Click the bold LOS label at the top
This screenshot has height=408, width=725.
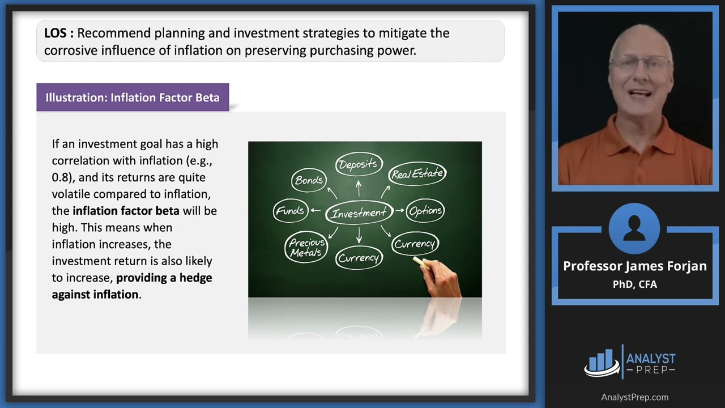[56, 33]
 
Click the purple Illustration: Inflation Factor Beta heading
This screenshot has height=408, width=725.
[133, 97]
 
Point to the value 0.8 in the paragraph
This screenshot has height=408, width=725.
[62, 177]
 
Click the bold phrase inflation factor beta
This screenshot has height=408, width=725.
[126, 211]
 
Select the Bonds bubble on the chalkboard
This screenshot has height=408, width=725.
[309, 180]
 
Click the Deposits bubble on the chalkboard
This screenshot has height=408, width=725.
[357, 165]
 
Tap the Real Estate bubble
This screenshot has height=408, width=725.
[418, 174]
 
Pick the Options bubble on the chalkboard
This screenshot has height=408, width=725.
[425, 211]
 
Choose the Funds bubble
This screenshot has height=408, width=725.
[290, 211]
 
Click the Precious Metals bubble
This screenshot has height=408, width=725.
[306, 248]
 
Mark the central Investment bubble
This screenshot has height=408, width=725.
[359, 213]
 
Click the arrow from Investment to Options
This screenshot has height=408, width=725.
[400, 211]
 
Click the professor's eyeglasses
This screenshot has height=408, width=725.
[640, 62]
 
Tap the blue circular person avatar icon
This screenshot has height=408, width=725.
[634, 229]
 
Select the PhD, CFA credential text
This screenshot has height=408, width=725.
[635, 284]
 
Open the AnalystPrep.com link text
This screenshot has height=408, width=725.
[634, 397]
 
